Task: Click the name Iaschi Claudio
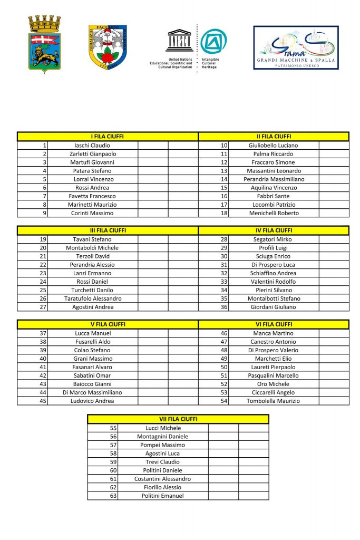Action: [92, 145]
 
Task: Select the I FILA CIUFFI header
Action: [108, 137]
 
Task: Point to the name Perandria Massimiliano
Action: [274, 179]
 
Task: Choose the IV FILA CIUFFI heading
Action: [274, 230]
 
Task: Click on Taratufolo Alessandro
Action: [92, 298]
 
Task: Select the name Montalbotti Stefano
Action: [274, 298]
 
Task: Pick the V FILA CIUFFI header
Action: [108, 324]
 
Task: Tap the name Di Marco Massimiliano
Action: [92, 392]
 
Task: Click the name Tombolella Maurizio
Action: [274, 401]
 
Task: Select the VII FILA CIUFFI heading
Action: [178, 419]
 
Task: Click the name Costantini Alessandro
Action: [162, 479]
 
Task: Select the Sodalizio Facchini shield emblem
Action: [108, 48]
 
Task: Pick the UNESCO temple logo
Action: [179, 41]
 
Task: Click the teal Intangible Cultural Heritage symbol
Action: [213, 41]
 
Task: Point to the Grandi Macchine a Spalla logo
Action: [296, 47]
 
